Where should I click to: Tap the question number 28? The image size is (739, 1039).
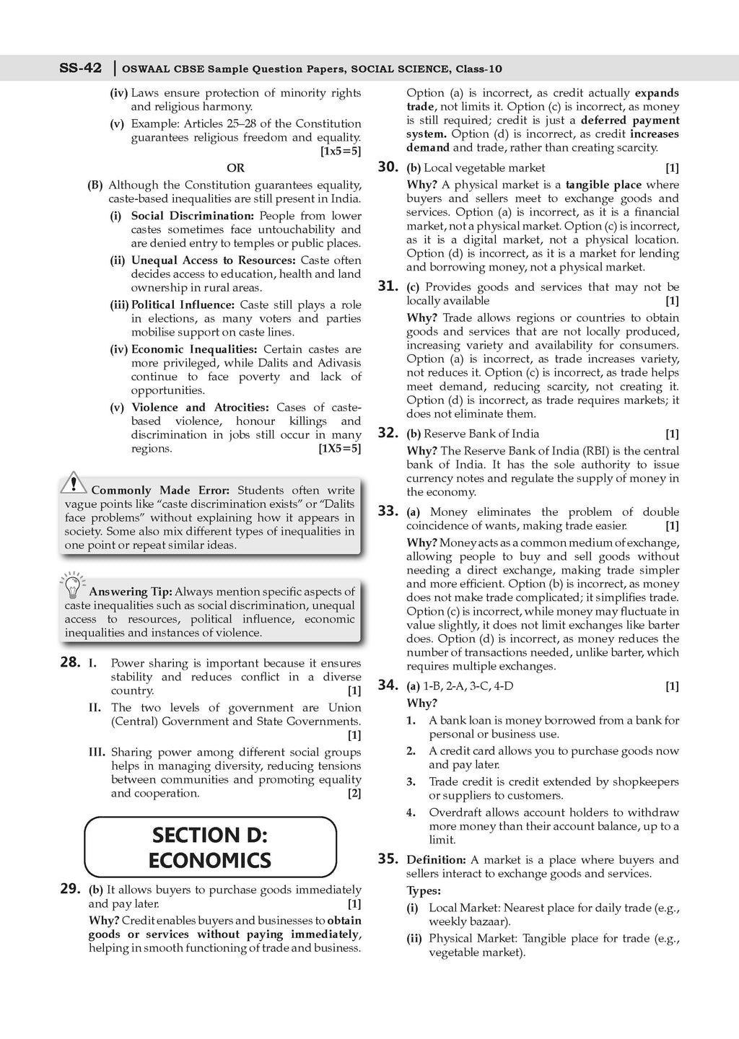tap(70, 662)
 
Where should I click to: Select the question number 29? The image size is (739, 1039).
tap(70, 889)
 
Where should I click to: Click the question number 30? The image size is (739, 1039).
tap(388, 167)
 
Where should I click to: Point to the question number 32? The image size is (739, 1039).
tap(388, 432)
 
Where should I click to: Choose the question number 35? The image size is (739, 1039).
tap(388, 859)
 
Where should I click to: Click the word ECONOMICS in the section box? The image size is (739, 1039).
tap(210, 860)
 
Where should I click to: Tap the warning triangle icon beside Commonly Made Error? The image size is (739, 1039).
tap(73, 482)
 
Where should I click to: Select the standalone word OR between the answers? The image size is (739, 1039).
tap(235, 168)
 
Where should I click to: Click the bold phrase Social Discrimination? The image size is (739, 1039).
tap(193, 216)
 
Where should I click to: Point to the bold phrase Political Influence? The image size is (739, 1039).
tap(183, 305)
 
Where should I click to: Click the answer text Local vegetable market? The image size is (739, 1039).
tap(484, 168)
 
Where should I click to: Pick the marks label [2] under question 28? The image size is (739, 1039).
tap(354, 794)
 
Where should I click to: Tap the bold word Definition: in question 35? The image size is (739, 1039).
tap(436, 860)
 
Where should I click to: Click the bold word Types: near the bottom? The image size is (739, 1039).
tap(424, 891)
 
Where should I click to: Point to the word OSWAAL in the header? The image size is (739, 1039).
tap(145, 69)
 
